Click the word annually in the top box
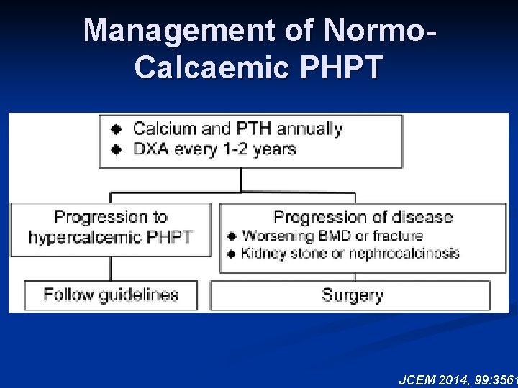(x=309, y=129)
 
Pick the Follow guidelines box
(x=111, y=295)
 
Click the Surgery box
(x=352, y=295)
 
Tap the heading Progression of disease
(x=363, y=217)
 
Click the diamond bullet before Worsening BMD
(x=232, y=236)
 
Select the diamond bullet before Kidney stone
(x=232, y=253)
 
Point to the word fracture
(x=398, y=236)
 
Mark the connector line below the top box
(x=241, y=180)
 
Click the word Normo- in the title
(x=379, y=30)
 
